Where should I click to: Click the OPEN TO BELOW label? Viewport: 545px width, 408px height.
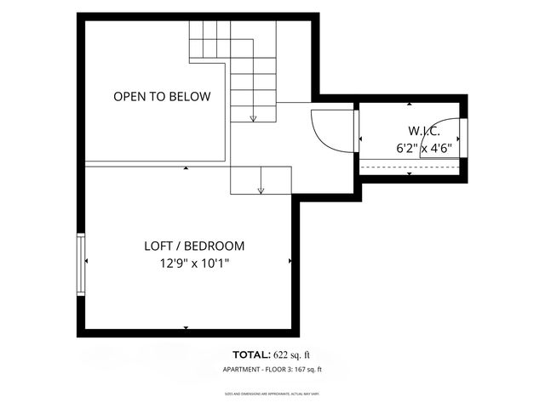tap(162, 97)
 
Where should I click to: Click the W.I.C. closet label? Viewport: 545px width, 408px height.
tap(412, 130)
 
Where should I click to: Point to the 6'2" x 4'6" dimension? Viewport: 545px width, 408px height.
tap(423, 147)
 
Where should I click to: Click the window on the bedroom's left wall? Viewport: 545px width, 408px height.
tap(82, 264)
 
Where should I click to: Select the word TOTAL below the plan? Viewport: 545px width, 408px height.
tap(251, 354)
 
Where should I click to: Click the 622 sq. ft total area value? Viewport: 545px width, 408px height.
tap(294, 354)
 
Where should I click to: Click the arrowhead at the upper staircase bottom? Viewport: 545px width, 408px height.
tap(253, 118)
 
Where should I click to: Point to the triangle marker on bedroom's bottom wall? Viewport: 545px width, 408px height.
tap(186, 327)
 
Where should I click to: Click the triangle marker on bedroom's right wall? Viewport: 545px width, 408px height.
tap(290, 261)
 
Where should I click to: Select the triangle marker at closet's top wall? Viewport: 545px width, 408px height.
tap(410, 105)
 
